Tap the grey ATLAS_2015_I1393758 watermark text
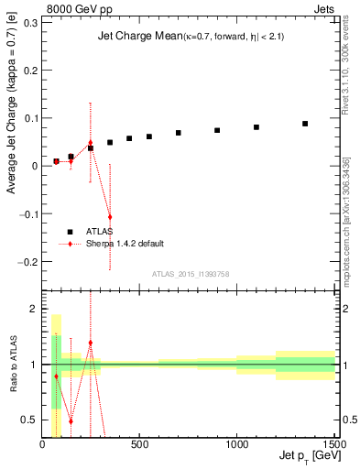click(191, 273)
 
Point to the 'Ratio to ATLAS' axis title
click(12, 365)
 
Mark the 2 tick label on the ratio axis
click(34, 310)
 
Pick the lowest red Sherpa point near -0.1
click(110, 217)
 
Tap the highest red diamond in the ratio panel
click(90, 343)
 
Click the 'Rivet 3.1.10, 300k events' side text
click(351, 63)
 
